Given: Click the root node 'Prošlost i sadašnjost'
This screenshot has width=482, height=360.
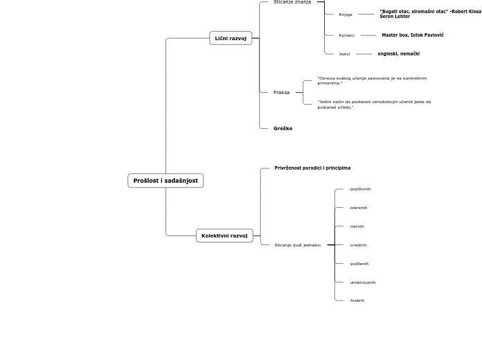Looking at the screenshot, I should [166, 181].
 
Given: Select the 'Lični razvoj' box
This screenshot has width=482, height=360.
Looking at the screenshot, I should [231, 38].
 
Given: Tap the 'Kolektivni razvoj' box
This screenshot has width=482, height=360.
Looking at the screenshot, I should [224, 235].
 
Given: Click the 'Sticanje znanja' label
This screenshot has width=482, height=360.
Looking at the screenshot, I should [292, 2].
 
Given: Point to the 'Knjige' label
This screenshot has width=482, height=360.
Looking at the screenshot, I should [346, 15].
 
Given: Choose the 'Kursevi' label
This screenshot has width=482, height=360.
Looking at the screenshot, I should [346, 35].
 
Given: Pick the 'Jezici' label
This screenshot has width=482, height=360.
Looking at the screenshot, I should [344, 54].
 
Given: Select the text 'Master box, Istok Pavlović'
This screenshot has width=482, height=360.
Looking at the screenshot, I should [413, 35].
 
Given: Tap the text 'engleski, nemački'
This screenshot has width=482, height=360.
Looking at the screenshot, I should [398, 54].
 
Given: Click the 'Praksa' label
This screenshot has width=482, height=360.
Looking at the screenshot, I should [281, 92].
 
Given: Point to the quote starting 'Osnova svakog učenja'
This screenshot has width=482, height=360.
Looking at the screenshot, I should [372, 80].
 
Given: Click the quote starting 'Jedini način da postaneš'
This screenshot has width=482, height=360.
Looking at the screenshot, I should [374, 104].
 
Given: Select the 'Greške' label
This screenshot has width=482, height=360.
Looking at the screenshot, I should [283, 128].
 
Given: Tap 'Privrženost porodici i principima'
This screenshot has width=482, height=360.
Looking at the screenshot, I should [312, 168].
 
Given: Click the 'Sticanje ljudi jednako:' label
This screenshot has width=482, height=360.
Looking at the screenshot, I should [298, 245].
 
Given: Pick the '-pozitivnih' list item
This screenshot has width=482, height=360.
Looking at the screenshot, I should [359, 189].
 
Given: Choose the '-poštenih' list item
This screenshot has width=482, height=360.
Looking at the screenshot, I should [359, 264].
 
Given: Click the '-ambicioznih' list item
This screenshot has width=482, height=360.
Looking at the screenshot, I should [362, 282].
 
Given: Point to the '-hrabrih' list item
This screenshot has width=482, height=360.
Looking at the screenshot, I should [357, 300].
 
